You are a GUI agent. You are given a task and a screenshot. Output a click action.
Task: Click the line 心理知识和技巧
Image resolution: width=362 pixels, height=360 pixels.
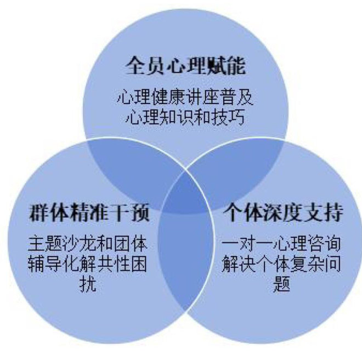[185, 117]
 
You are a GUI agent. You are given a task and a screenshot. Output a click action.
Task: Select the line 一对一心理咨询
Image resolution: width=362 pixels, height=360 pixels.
[281, 244]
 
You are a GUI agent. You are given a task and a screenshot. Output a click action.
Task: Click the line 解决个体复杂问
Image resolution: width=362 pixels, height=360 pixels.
[281, 264]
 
